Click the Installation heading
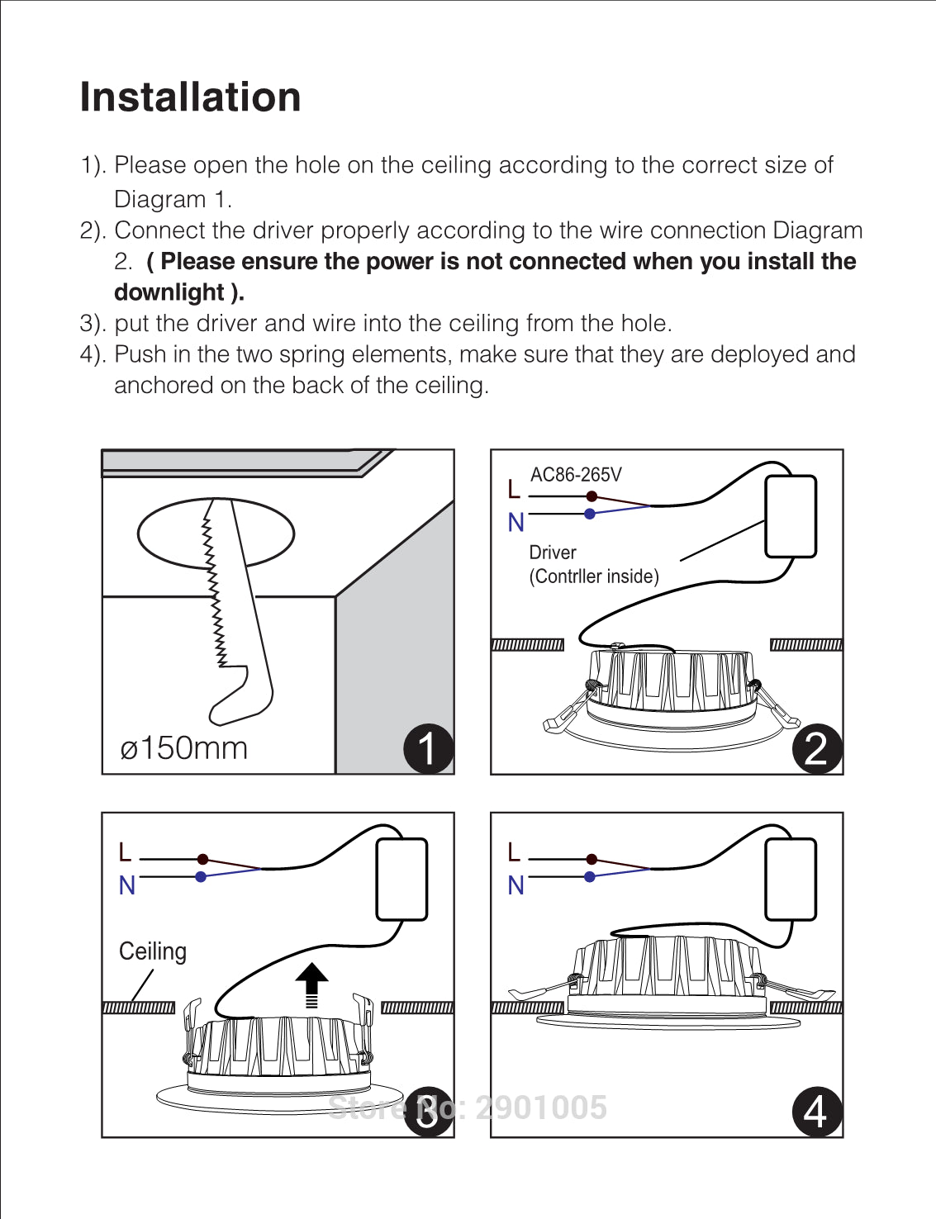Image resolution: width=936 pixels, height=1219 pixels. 190,97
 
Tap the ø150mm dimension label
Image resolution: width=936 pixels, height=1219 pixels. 183,748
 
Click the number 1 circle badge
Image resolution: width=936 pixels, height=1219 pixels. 428,748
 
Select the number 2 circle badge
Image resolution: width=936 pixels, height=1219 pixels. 816,748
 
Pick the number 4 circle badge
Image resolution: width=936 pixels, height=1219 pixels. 816,1111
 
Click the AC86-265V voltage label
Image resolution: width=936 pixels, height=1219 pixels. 576,475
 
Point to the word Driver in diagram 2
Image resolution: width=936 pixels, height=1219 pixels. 553,553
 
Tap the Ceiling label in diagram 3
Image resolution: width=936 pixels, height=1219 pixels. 153,951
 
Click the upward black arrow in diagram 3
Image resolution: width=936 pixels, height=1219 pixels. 311,983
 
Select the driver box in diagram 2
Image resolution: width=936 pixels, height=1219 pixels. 791,517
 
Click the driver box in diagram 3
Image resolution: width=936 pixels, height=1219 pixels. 401,880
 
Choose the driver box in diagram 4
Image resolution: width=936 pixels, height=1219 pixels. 791,880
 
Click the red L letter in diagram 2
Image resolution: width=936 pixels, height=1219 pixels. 514,490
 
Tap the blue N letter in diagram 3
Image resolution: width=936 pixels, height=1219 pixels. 127,885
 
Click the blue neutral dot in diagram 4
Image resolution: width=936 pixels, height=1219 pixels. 590,876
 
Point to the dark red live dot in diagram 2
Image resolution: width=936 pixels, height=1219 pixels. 592,496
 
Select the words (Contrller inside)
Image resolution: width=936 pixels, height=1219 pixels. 594,576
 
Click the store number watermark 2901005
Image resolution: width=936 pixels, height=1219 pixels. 541,1108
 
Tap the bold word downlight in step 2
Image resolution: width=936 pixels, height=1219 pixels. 169,292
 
